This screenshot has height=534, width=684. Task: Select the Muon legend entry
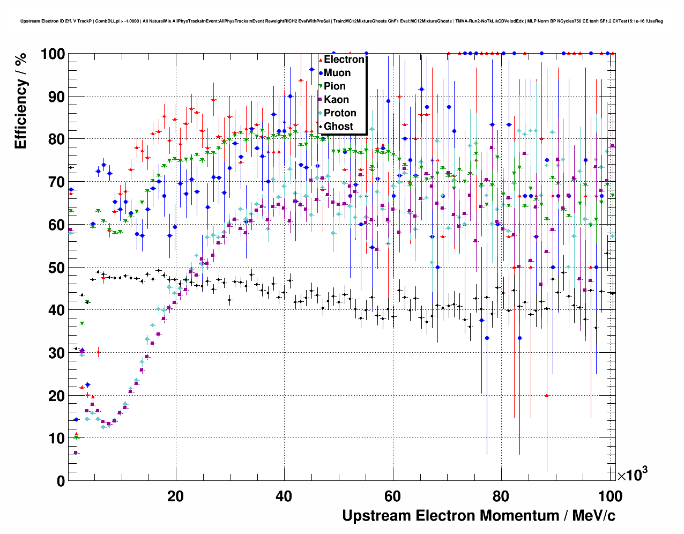click(x=337, y=73)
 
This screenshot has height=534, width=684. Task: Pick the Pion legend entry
click(x=334, y=86)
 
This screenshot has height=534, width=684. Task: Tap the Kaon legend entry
click(x=336, y=100)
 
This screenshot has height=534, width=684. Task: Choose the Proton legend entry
click(x=340, y=113)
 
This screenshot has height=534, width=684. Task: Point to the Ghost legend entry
click(x=338, y=127)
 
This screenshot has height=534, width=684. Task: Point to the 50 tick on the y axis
click(x=56, y=268)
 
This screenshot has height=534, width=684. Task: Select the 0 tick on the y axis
click(x=61, y=481)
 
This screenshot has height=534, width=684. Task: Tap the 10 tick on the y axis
click(x=56, y=439)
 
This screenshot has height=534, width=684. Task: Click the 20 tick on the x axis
click(x=175, y=496)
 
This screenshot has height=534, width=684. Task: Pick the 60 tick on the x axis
click(x=392, y=496)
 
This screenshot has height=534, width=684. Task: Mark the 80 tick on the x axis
click(x=501, y=496)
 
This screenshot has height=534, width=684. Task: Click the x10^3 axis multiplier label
click(x=632, y=474)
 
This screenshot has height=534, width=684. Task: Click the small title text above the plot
click(x=341, y=21)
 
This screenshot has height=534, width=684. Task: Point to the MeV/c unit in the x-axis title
click(x=593, y=516)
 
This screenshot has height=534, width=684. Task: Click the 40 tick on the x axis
click(x=284, y=496)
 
